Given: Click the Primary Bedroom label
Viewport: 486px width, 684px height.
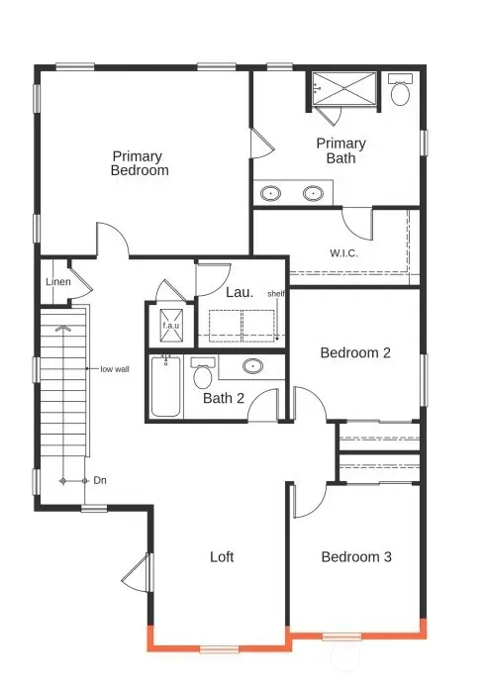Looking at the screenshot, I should pyautogui.click(x=140, y=163).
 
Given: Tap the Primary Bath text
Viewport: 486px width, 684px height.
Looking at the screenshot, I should pyautogui.click(x=340, y=150).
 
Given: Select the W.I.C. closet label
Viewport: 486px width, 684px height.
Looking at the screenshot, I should pyautogui.click(x=344, y=252).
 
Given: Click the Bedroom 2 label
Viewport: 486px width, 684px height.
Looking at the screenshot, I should pyautogui.click(x=356, y=352).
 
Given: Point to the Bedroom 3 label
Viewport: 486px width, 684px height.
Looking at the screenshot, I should pyautogui.click(x=356, y=557).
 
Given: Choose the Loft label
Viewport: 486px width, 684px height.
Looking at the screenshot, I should pyautogui.click(x=222, y=557).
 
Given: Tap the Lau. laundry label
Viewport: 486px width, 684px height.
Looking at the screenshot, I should pyautogui.click(x=239, y=293).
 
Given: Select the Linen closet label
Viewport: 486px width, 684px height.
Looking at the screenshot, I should pyautogui.click(x=56, y=283).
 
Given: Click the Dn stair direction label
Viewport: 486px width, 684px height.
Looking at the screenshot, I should pyautogui.click(x=99, y=480).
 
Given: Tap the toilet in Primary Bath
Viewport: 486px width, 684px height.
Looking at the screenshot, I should pyautogui.click(x=401, y=92).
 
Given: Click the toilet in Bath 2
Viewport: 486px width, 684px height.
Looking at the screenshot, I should pyautogui.click(x=204, y=375).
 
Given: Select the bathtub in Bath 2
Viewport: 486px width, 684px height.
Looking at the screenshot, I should pyautogui.click(x=165, y=386).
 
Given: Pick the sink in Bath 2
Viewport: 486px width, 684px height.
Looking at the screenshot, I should pyautogui.click(x=252, y=367).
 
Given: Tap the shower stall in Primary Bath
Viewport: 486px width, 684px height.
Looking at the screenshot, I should pyautogui.click(x=344, y=87).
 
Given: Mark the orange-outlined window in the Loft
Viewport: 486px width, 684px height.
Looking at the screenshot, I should pyautogui.click(x=220, y=649).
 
